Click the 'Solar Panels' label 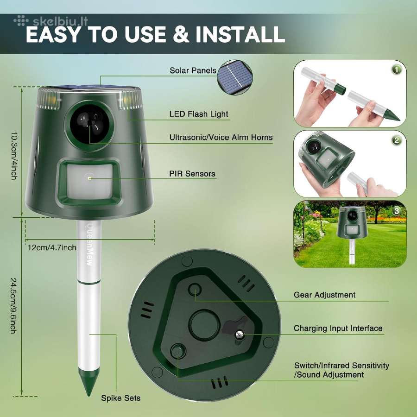pyautogui.click(x=193, y=70)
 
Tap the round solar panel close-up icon pyautogui.click(x=235, y=77)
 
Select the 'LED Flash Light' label pyautogui.click(x=199, y=114)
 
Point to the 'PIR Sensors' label pyautogui.click(x=192, y=174)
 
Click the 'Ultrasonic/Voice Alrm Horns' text pyautogui.click(x=221, y=138)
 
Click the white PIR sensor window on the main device pyautogui.click(x=89, y=181)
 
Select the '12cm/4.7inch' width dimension pyautogui.click(x=52, y=247)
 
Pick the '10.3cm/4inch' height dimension pyautogui.click(x=14, y=156)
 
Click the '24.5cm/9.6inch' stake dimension pyautogui.click(x=13, y=306)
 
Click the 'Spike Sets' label pyautogui.click(x=120, y=398)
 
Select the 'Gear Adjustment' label pyautogui.click(x=324, y=295)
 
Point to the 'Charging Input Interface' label pyautogui.click(x=338, y=329)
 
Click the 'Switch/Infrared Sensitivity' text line pyautogui.click(x=341, y=366)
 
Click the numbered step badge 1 pyautogui.click(x=396, y=70)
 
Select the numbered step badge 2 pyautogui.click(x=396, y=140)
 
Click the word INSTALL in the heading pyautogui.click(x=240, y=34)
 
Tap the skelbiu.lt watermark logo pyautogui.click(x=51, y=21)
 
